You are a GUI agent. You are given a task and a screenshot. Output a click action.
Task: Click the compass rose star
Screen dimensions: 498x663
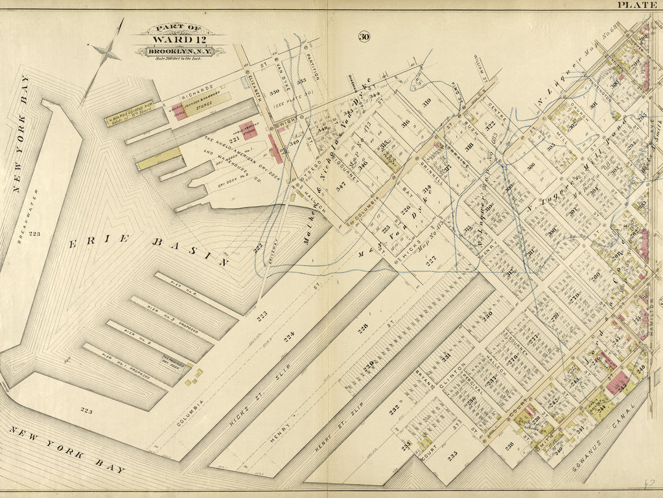click(106, 53)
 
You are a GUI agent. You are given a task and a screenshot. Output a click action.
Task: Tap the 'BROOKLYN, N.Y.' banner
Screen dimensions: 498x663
click(180, 51)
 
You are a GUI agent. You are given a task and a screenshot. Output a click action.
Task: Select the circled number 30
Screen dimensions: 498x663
click(364, 36)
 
